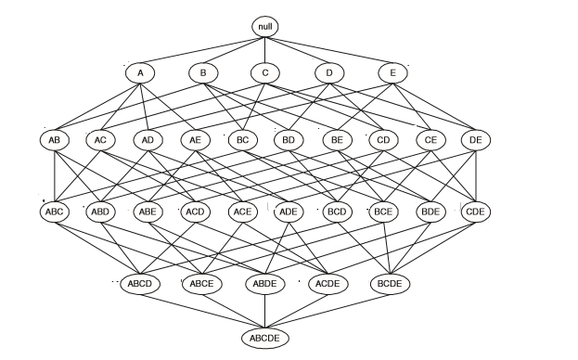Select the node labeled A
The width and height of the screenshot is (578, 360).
[140, 72]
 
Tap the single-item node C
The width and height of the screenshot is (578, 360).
[265, 72]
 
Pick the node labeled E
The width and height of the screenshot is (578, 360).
[392, 72]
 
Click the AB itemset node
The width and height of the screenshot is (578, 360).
[54, 140]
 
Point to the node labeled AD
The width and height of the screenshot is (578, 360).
[148, 140]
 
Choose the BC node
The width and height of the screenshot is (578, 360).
[242, 140]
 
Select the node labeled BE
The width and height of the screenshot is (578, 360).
[336, 140]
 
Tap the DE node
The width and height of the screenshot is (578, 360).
[476, 140]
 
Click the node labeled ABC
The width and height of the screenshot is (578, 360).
[54, 211]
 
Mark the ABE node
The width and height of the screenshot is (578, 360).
[148, 211]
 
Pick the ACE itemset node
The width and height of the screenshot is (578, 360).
[242, 211]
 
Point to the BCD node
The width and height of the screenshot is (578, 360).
[336, 211]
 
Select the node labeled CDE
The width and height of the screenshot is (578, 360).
[476, 211]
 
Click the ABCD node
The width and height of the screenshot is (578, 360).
[139, 282]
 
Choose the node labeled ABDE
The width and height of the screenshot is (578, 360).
[264, 282]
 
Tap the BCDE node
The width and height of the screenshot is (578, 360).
[391, 282]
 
